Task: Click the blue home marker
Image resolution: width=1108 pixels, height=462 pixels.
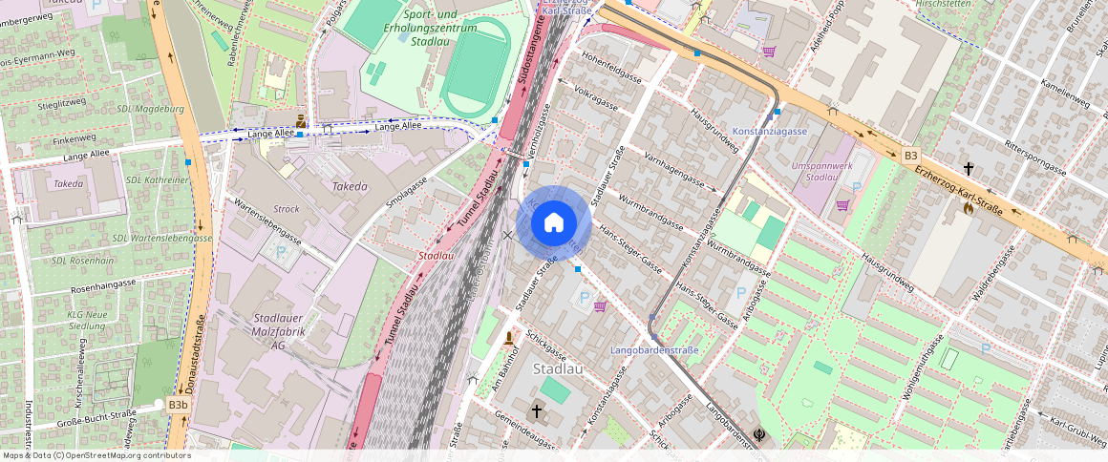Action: (554, 223)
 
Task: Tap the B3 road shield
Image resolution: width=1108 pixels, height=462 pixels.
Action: (909, 155)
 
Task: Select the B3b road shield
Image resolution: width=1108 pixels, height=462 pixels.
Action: (178, 405)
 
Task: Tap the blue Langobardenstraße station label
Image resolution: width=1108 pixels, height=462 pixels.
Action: (654, 350)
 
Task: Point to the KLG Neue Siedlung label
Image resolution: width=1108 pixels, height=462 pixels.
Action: (87, 320)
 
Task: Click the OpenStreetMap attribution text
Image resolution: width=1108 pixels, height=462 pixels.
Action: (96, 455)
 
